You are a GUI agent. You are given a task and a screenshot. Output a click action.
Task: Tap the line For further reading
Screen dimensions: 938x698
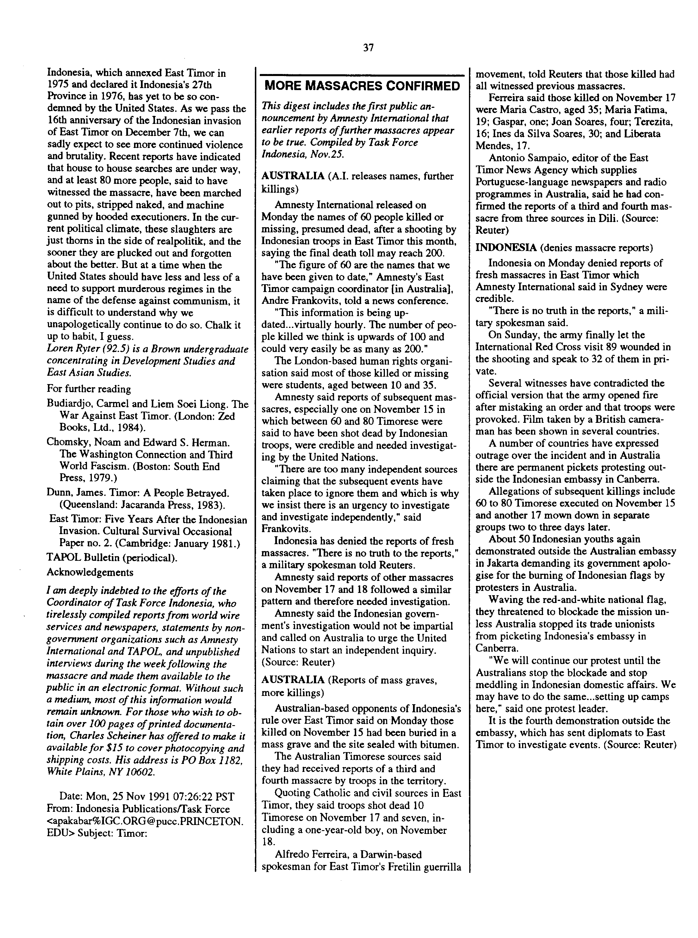click(x=89, y=389)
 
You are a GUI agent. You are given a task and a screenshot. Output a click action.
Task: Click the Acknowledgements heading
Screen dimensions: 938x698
click(x=90, y=572)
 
